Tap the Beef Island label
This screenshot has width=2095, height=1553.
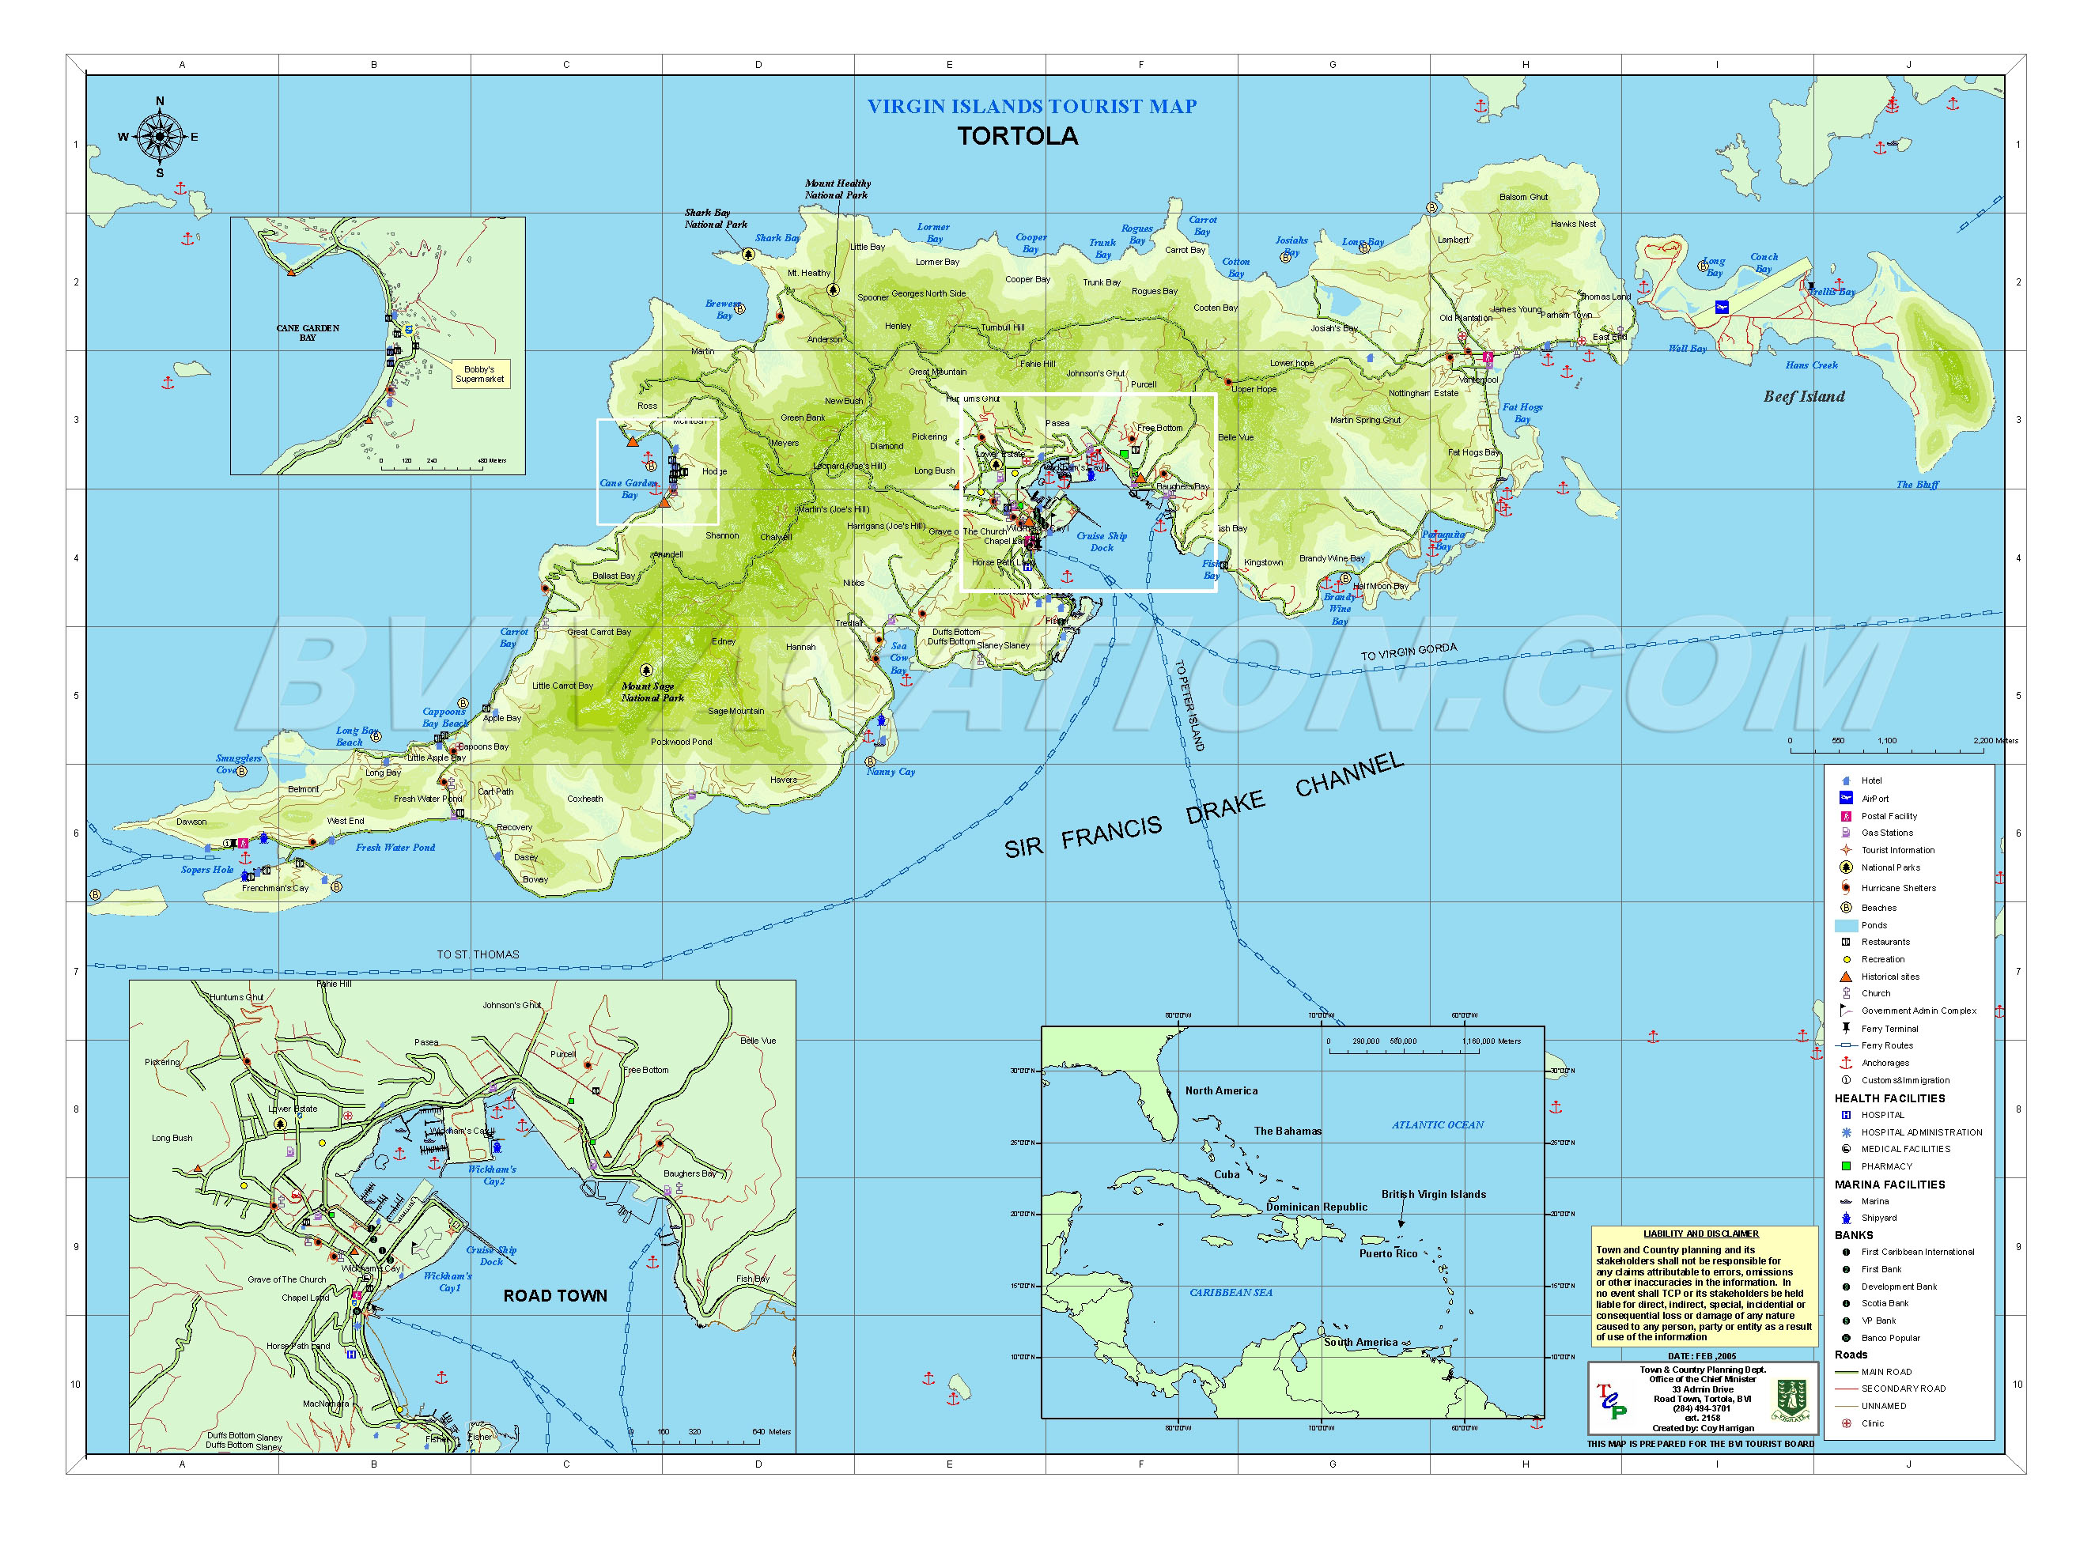1802,397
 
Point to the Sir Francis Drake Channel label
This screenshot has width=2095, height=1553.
1203,807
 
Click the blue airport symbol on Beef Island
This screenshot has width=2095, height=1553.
1721,307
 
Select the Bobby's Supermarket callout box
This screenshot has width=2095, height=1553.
479,373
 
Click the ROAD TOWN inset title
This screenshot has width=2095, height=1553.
554,1295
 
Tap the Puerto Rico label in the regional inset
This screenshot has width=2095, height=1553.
1387,1253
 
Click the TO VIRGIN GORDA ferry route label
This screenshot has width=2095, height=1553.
1409,652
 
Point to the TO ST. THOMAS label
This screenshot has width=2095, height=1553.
478,954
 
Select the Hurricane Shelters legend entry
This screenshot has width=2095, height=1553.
1897,887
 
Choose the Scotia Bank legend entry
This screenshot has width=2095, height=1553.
1885,1303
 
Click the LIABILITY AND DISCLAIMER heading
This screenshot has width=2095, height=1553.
1700,1234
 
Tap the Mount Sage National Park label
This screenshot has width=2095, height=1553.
652,692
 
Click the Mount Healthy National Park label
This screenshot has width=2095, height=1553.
837,189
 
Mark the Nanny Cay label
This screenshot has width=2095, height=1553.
890,772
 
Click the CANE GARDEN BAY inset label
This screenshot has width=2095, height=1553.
308,333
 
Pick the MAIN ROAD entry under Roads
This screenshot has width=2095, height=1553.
1885,1372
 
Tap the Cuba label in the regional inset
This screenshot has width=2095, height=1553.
1226,1174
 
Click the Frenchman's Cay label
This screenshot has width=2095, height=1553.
274,887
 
